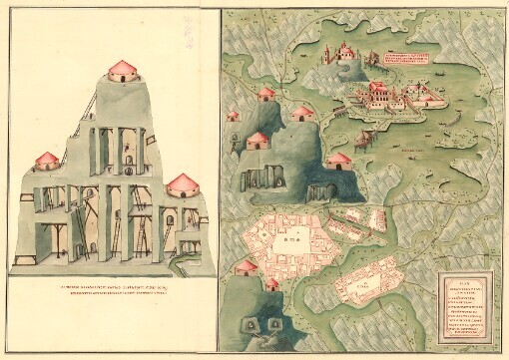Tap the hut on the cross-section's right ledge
click(x=183, y=184)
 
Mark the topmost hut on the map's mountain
click(x=266, y=95)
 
